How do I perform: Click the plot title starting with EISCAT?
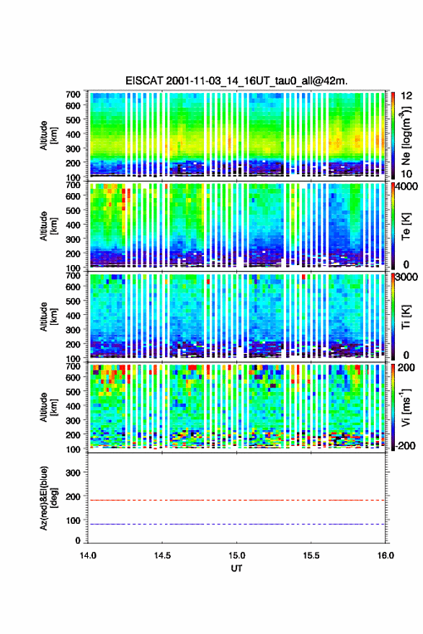coord(236,81)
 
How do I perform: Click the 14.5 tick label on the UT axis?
coord(162,555)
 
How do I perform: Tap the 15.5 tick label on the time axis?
coord(311,555)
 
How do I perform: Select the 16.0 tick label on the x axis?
coord(386,555)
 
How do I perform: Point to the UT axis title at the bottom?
coord(236,568)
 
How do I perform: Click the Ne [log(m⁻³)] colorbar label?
coord(406,136)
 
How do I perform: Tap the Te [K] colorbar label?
coord(406,226)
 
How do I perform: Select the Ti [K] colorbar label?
coord(406,316)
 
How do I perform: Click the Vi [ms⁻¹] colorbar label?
coord(406,407)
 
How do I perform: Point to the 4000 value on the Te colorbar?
coord(406,187)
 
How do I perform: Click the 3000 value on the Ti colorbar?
coord(407,277)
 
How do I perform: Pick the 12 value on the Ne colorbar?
coord(406,96)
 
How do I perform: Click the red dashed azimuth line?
coord(236,500)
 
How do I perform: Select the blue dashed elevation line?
coord(236,524)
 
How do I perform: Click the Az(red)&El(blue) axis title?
coord(48,498)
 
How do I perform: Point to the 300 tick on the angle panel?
coord(74,473)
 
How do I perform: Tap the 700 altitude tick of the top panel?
coord(74,94)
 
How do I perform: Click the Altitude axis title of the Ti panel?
coord(48,316)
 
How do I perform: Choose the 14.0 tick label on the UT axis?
coord(88,555)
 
